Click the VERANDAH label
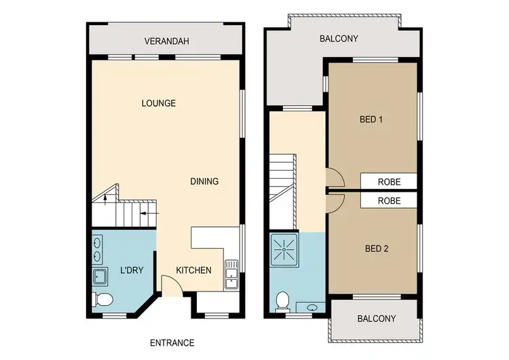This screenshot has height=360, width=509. (x=166, y=41)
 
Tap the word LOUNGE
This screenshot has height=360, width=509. (x=159, y=103)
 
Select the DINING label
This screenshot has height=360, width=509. (x=204, y=181)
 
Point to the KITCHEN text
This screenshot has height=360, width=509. (x=193, y=270)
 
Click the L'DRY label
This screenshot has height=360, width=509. (x=131, y=270)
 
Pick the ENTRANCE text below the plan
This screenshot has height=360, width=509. (x=172, y=343)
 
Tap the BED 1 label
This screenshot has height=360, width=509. (x=371, y=120)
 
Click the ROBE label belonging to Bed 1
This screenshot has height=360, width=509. (x=389, y=181)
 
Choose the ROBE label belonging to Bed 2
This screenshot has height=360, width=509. (x=389, y=201)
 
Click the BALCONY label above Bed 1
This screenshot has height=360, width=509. (x=339, y=39)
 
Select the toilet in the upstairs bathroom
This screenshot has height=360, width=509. (x=282, y=300)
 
